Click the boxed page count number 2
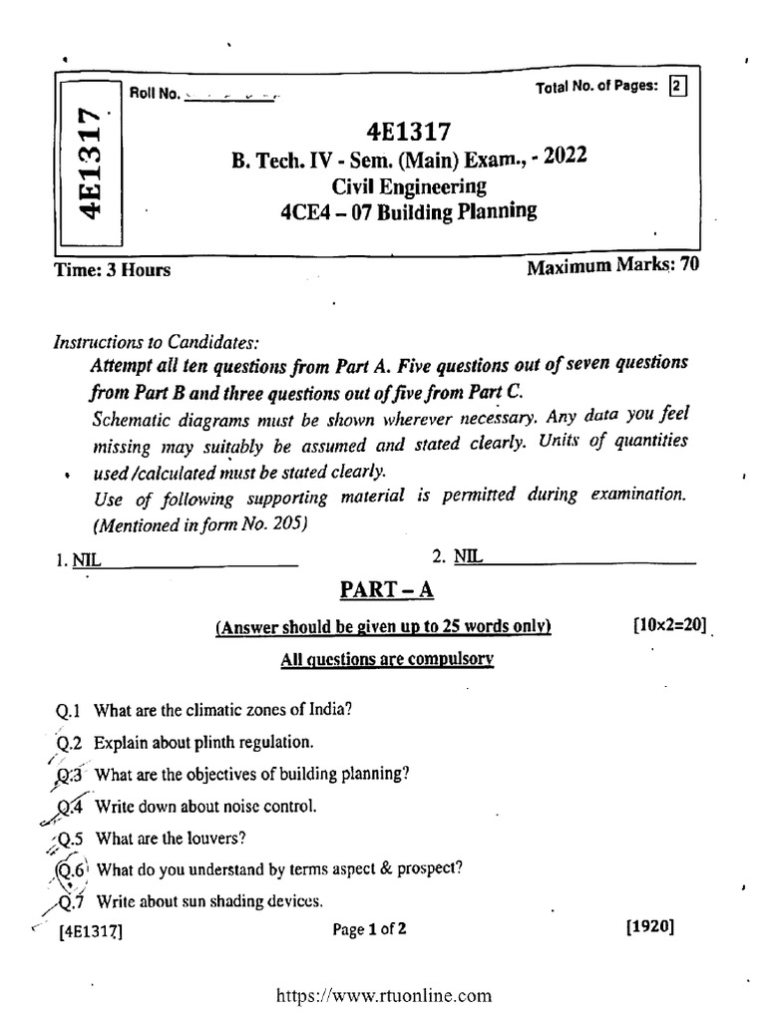tap(678, 87)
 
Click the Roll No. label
tap(155, 94)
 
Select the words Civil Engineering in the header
tap(409, 185)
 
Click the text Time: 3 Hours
tap(113, 269)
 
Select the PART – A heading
tap(388, 591)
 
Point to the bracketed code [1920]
tap(650, 927)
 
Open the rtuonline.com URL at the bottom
tap(383, 994)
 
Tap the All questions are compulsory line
tap(387, 659)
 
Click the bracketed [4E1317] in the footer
tap(91, 932)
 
